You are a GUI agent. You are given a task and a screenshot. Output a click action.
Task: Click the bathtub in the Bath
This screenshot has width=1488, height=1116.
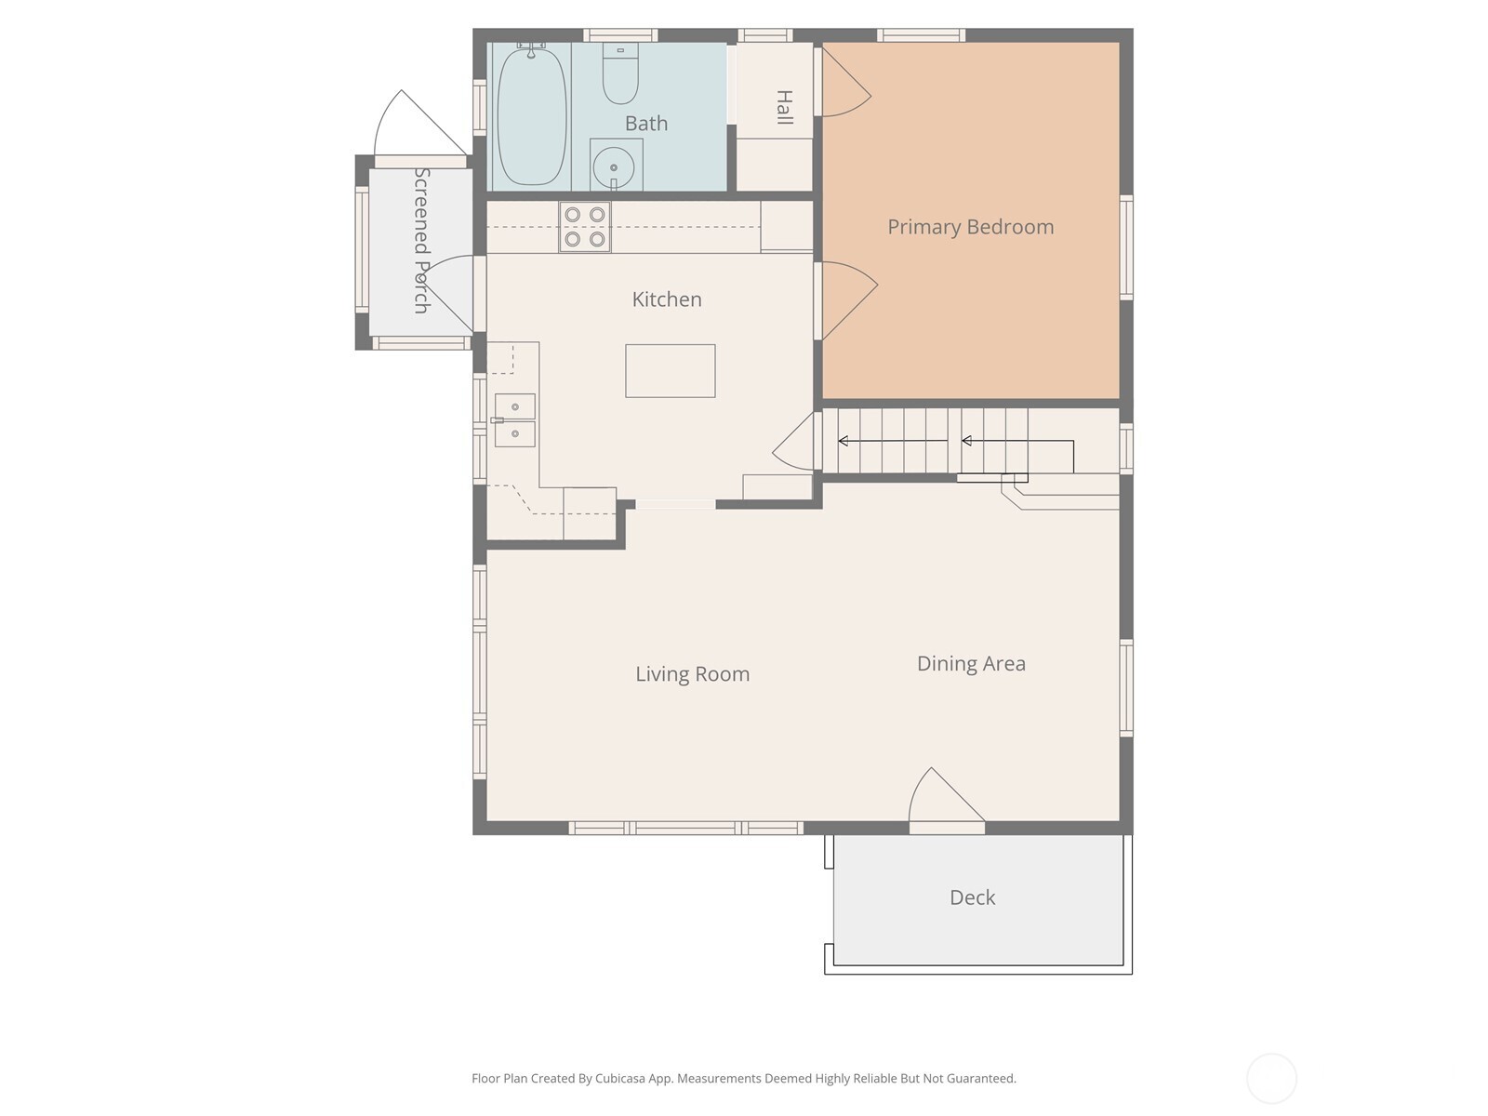pos(532,116)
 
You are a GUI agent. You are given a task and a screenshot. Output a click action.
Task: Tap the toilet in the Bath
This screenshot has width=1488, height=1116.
pos(620,74)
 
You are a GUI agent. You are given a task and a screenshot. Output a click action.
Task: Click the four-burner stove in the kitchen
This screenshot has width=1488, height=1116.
pos(585,227)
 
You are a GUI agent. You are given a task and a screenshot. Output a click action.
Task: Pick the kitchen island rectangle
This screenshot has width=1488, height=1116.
pos(670,371)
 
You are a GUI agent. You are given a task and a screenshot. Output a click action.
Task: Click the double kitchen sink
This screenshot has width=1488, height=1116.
pos(514,420)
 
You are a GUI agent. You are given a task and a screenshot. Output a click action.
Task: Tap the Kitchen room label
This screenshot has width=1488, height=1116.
pos(667,299)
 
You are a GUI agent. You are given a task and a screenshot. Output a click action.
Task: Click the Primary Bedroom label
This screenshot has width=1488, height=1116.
pos(970,227)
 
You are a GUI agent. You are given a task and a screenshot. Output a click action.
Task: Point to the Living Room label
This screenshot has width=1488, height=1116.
pos(692,674)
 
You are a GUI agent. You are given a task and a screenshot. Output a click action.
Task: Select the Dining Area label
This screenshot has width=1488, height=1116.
pos(971,664)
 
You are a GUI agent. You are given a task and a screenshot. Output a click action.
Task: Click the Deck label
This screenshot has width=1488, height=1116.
pos(972,897)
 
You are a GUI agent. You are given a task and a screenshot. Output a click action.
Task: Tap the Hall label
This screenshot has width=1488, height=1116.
pos(784,108)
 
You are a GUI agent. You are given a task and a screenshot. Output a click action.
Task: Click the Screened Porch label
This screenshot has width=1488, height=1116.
pos(421,240)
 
